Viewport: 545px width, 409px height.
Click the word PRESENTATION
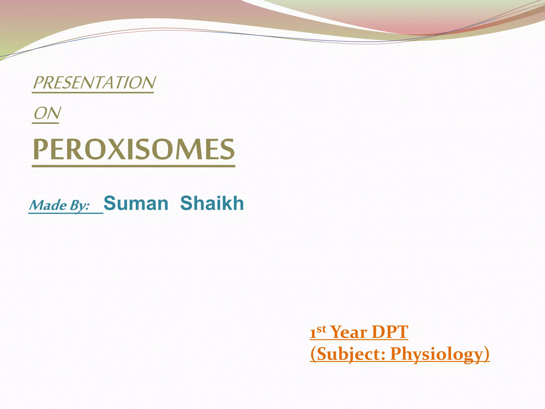pyautogui.click(x=94, y=83)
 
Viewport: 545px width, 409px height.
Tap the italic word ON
pyautogui.click(x=47, y=113)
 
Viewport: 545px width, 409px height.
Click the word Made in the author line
pyautogui.click(x=48, y=205)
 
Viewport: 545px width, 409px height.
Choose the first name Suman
pyautogui.click(x=136, y=203)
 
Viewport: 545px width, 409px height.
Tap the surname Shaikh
pyautogui.click(x=212, y=203)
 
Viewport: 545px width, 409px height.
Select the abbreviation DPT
pyautogui.click(x=390, y=332)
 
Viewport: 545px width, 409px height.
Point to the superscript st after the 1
pyautogui.click(x=321, y=329)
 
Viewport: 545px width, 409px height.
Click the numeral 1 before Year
pyautogui.click(x=313, y=333)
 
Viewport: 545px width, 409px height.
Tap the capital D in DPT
pyautogui.click(x=378, y=332)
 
